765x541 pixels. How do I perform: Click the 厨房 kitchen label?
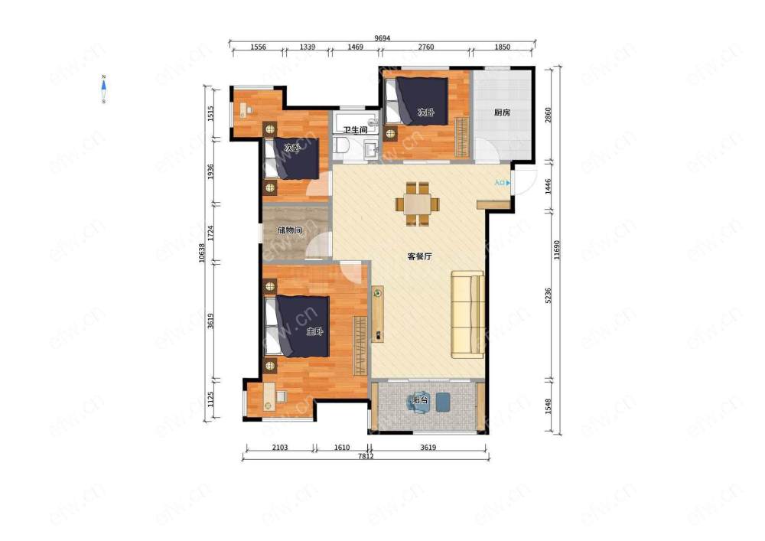[502, 112]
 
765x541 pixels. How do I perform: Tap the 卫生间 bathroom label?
[355, 130]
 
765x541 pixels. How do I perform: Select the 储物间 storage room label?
[290, 230]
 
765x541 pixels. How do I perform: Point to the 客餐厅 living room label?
[419, 256]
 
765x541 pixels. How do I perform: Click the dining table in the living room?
[417, 204]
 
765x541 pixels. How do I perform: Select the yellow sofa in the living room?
[468, 314]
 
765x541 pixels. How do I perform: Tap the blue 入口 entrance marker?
[503, 183]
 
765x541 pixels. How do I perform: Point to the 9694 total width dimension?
[382, 38]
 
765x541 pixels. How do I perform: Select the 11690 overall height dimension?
[557, 249]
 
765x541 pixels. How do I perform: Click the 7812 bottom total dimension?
[366, 456]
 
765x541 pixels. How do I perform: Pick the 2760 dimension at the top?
[426, 47]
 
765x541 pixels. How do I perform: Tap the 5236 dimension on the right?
[548, 295]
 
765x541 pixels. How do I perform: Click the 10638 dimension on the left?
[202, 253]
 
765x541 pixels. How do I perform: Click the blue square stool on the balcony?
[442, 402]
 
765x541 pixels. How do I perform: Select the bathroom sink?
[371, 148]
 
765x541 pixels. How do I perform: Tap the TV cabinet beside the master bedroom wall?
[378, 314]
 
